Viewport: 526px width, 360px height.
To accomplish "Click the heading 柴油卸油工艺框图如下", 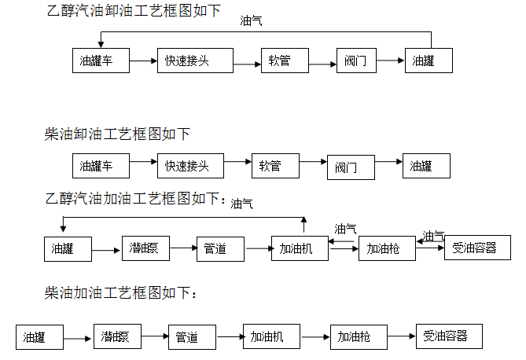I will (x=117, y=135).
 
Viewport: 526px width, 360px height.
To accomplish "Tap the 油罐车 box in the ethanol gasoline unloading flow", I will (x=100, y=61).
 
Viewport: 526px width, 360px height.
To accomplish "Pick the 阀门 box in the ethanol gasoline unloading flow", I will (x=355, y=61).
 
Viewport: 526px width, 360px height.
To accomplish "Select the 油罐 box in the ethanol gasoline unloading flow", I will (x=429, y=61).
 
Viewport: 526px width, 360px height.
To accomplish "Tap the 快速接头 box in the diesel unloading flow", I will (x=189, y=166).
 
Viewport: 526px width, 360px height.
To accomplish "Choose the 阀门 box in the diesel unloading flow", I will (x=350, y=167).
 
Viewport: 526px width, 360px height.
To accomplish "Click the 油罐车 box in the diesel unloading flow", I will (x=100, y=166).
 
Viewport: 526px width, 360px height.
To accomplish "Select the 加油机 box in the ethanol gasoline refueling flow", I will (x=300, y=248).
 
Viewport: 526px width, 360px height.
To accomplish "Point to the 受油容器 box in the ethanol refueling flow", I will (x=476, y=248).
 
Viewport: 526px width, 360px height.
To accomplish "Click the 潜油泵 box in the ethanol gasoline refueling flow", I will (x=145, y=248).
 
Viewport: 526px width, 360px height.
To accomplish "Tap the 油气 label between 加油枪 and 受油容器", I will (x=433, y=235).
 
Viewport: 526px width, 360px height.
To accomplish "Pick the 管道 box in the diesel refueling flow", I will (x=192, y=337).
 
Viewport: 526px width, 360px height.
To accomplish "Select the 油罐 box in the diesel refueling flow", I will (x=39, y=337).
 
